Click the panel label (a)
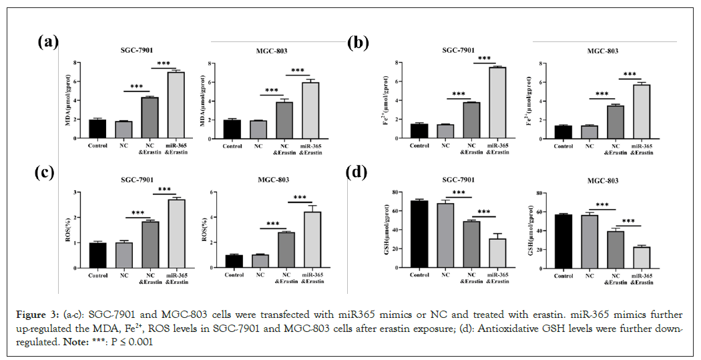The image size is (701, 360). (47, 42)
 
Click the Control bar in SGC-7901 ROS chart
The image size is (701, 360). (97, 254)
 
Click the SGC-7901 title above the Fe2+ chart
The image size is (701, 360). (459, 50)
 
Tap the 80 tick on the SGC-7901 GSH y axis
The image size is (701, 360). (397, 192)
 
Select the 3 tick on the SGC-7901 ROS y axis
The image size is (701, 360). (81, 192)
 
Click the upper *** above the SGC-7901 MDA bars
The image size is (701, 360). (164, 64)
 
